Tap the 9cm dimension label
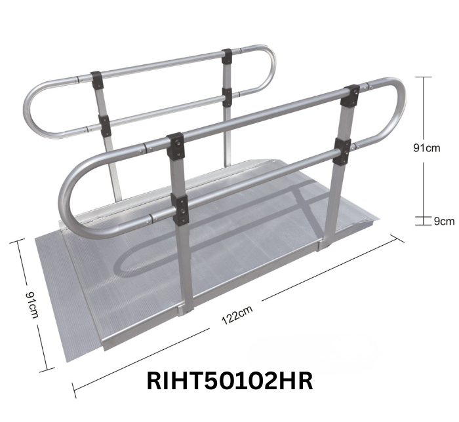[x=444, y=221]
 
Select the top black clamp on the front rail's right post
[x=351, y=96]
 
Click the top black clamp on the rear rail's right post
[x=228, y=56]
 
